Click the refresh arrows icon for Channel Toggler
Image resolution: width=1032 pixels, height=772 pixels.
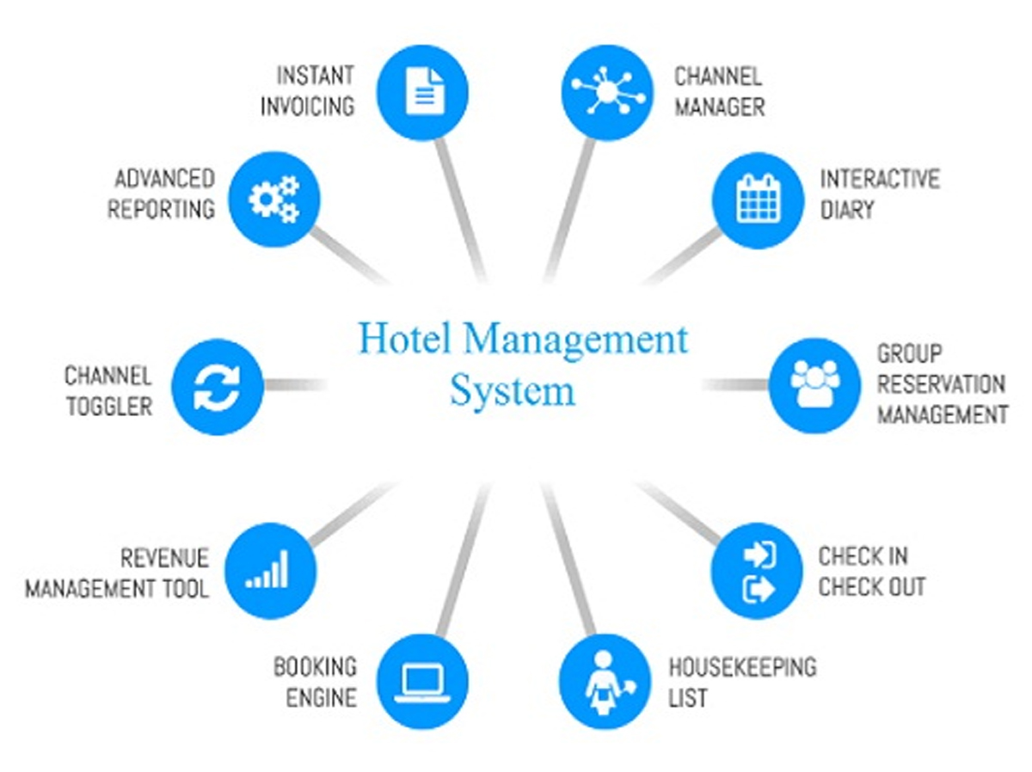click(x=217, y=386)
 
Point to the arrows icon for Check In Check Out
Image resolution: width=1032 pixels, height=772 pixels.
click(x=757, y=571)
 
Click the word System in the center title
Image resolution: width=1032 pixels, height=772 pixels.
click(x=513, y=391)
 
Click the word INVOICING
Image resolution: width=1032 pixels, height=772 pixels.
click(x=308, y=107)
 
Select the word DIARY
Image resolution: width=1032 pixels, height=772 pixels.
click(x=847, y=209)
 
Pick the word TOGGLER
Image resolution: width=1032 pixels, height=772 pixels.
click(x=109, y=407)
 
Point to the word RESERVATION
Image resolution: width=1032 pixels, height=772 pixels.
click(x=941, y=384)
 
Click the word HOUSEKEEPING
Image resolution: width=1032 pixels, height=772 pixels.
click(x=742, y=667)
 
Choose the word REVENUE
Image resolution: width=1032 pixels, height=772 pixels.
click(x=164, y=558)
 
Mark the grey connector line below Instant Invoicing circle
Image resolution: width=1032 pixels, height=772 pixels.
click(x=461, y=210)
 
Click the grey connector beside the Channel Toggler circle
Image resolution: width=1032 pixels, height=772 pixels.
click(x=295, y=385)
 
